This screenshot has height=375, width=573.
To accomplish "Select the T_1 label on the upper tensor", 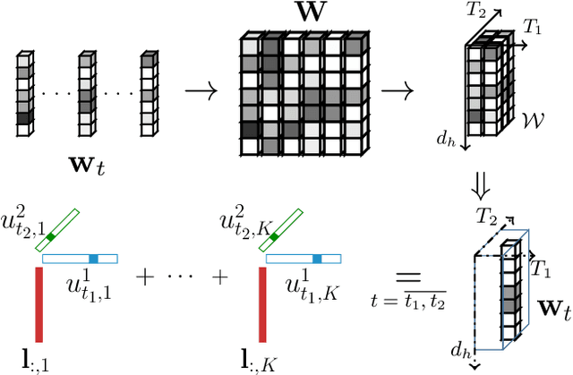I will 534,30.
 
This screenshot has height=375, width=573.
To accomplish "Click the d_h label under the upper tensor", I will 445,140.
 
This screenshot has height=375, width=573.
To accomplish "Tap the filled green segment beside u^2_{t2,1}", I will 52,237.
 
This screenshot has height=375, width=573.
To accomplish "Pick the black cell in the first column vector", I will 24,116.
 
